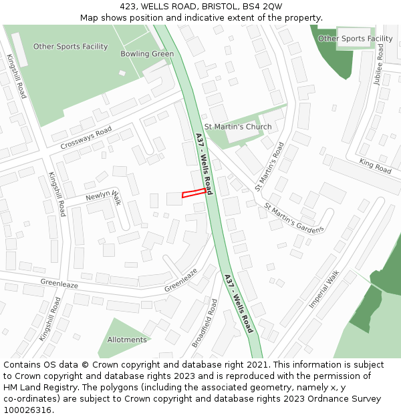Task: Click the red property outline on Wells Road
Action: coord(194,193)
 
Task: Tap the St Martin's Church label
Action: coord(238,127)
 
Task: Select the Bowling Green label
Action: coord(147,53)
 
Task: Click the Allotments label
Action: coord(127,340)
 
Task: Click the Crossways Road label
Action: coord(86,138)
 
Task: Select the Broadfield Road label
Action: coord(205,324)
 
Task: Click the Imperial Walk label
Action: coord(324,288)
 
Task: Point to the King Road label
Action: coord(375,166)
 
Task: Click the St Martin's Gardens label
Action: coord(293,218)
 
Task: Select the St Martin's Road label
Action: coord(270,167)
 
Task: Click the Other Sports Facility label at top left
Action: coord(70,47)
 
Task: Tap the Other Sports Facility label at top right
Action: coord(355,39)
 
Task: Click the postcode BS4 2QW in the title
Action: coord(257,6)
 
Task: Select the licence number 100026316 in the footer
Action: coord(27,410)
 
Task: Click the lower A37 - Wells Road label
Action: coord(239,304)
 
